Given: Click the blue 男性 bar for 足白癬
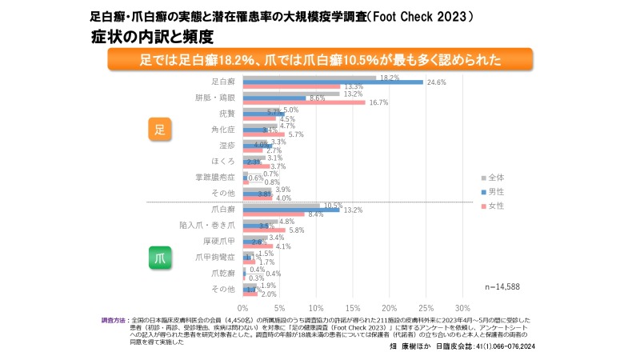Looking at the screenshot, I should [x=332, y=82].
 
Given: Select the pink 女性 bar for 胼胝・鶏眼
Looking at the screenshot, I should [x=304, y=102].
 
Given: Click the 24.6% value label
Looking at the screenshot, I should [x=436, y=82].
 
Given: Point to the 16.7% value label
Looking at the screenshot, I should [x=378, y=102].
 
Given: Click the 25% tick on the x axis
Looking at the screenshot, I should [x=426, y=307].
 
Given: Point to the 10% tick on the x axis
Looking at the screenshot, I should [x=316, y=307].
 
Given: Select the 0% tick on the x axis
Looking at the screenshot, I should [x=243, y=307].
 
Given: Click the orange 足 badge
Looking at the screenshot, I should [x=159, y=130].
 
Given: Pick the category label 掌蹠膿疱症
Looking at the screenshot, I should [x=214, y=176].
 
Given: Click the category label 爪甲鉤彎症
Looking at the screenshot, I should [x=215, y=257].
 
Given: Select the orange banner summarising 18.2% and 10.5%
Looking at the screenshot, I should [x=320, y=60].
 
